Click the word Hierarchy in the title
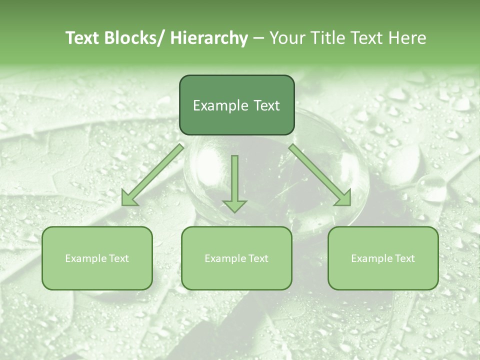(x=209, y=38)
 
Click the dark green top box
(x=236, y=105)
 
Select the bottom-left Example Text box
(x=97, y=258)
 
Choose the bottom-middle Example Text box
(x=236, y=258)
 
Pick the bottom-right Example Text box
(x=383, y=258)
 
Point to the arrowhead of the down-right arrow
(x=343, y=198)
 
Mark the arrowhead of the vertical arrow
(x=234, y=204)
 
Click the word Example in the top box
(x=220, y=105)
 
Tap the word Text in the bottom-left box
(x=119, y=258)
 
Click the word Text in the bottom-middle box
(x=259, y=258)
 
